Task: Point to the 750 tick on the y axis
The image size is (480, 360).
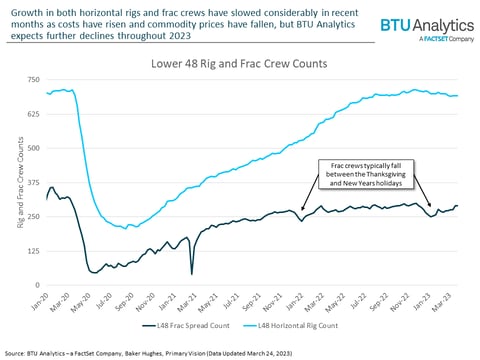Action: [33, 80]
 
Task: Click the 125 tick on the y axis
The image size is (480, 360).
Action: [33, 250]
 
